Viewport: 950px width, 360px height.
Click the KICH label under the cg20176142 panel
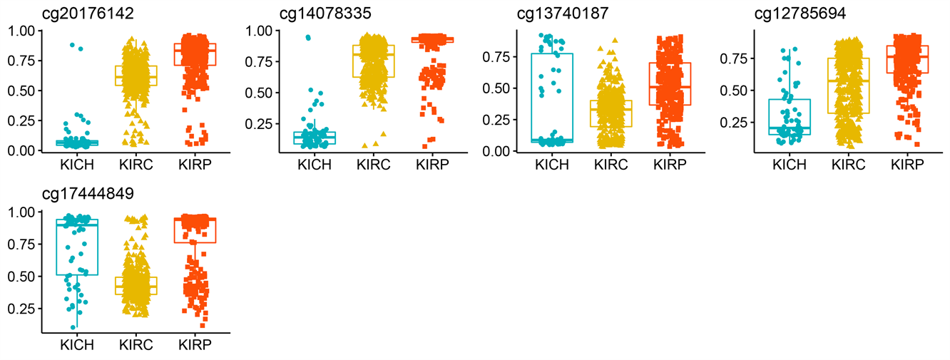tap(77, 165)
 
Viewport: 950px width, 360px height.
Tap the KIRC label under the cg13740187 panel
tap(611, 165)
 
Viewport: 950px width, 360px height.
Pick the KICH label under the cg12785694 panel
tap(790, 165)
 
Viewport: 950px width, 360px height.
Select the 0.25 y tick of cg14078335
tap(259, 124)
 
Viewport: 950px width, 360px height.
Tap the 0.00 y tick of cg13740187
tap(497, 150)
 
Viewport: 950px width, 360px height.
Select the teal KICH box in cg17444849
tap(76, 247)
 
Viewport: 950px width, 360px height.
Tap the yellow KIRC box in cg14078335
tap(373, 61)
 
